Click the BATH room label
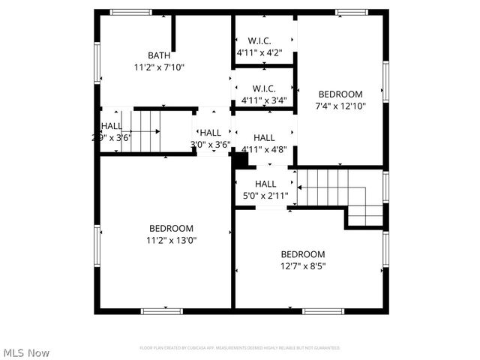[x=158, y=55]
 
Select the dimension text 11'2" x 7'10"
[x=158, y=67]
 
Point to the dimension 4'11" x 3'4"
[x=264, y=100]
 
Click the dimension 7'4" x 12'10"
[x=340, y=106]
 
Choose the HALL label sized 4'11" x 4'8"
[x=264, y=137]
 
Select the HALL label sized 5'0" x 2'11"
[x=265, y=184]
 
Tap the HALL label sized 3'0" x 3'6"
[x=211, y=133]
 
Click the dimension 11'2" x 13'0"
[x=171, y=240]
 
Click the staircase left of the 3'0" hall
[x=142, y=131]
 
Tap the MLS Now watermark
[x=26, y=352]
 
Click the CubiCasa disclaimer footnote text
[x=240, y=348]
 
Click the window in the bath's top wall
[x=131, y=12]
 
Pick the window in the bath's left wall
[x=97, y=63]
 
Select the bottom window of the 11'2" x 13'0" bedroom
[x=162, y=310]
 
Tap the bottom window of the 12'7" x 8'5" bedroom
[x=323, y=310]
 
